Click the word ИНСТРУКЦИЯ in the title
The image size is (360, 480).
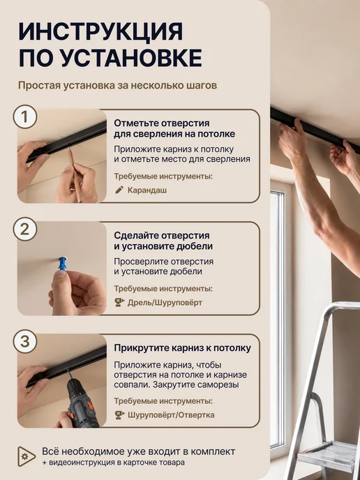[100, 31]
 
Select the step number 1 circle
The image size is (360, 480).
[25, 117]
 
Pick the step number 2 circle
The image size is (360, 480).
[25, 229]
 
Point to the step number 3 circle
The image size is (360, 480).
[25, 341]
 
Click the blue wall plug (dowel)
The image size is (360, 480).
[62, 264]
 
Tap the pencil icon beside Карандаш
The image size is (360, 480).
[119, 190]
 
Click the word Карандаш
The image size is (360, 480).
[147, 190]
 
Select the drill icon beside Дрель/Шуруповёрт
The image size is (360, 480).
[119, 303]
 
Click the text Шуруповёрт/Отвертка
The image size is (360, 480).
[171, 415]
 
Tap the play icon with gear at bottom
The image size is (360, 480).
[27, 456]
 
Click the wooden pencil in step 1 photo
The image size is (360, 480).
[75, 174]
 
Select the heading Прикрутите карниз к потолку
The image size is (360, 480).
[183, 348]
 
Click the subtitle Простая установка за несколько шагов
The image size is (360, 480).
[117, 86]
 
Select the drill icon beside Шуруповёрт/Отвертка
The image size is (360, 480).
[119, 415]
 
